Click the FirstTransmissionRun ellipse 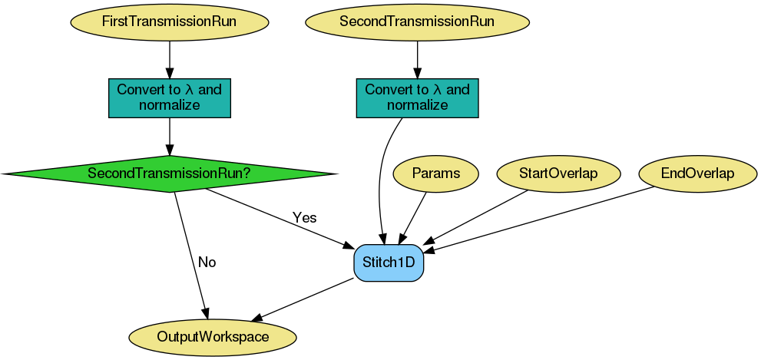click(169, 21)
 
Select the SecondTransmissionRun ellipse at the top click(417, 21)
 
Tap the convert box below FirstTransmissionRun click(169, 97)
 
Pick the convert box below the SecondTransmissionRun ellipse click(417, 97)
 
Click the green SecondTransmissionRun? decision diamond click(169, 174)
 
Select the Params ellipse click(435, 173)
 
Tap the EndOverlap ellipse click(697, 173)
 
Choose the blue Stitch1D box click(389, 263)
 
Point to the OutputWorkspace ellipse click(213, 337)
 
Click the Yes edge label click(304, 218)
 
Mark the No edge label click(207, 263)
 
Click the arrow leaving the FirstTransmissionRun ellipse click(169, 58)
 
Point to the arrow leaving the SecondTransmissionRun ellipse click(417, 58)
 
